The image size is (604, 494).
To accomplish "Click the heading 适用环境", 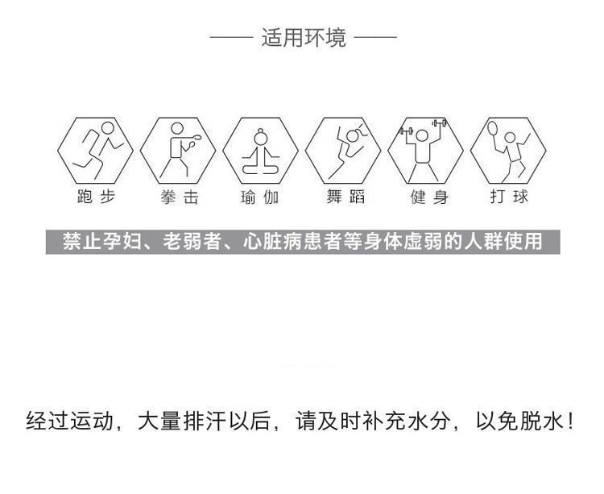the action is [x=304, y=38].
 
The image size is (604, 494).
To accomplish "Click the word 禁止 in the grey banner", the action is [x=82, y=241].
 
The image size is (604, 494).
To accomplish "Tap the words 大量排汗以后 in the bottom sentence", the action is [x=203, y=421].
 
